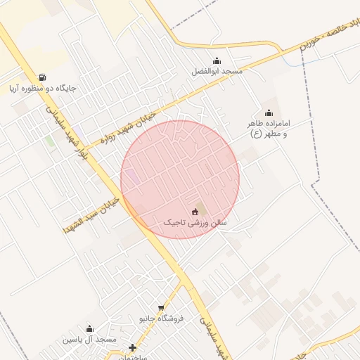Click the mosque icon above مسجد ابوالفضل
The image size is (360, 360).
pyautogui.click(x=217, y=60)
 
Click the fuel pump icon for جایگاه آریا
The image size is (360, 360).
pyautogui.click(x=43, y=77)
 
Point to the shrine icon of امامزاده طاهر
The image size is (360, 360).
pyautogui.click(x=268, y=112)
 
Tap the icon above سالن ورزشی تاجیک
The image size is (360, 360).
pyautogui.click(x=195, y=211)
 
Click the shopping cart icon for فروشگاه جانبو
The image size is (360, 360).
pyautogui.click(x=162, y=307)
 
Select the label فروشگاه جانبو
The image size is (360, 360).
pyautogui.click(x=161, y=319)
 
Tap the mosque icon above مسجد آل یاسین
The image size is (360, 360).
pyautogui.click(x=89, y=328)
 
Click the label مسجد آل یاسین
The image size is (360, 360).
pyautogui.click(x=89, y=340)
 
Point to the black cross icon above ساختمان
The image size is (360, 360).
pyautogui.click(x=132, y=347)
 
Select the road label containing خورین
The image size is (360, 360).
pyautogui.click(x=330, y=32)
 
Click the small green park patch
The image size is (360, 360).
pyautogui.click(x=49, y=141)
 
